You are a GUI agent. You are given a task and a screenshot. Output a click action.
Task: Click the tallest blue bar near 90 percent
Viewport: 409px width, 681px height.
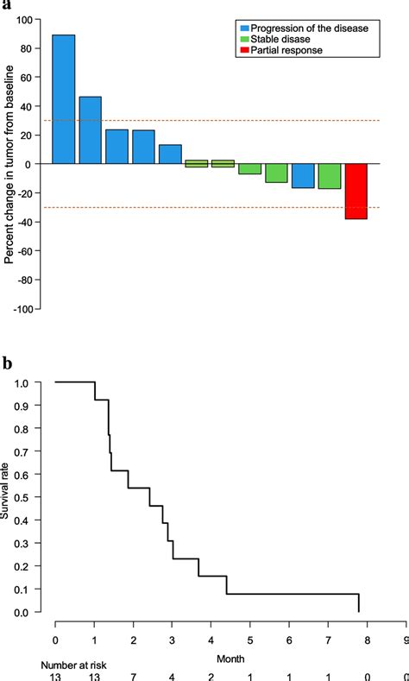tap(63, 99)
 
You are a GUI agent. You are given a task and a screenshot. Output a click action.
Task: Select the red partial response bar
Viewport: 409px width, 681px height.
tap(356, 191)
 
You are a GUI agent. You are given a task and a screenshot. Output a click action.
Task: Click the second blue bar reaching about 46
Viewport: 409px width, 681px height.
tap(91, 130)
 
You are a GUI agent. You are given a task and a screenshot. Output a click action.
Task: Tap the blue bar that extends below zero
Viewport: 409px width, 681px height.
tap(303, 175)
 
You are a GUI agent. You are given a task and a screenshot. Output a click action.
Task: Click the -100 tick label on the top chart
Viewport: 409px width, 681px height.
tap(29, 308)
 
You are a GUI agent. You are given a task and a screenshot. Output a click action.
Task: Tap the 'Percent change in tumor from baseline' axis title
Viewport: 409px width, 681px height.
tap(9, 164)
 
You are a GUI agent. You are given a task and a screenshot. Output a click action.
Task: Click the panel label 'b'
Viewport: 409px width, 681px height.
tap(7, 363)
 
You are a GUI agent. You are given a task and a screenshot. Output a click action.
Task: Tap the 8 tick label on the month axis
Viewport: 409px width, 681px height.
tap(367, 640)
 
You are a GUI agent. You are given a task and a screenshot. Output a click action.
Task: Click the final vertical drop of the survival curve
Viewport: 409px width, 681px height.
tap(358, 603)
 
